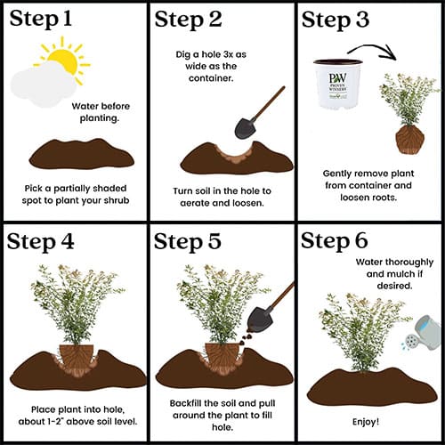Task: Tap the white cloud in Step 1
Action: pyautogui.click(x=43, y=85)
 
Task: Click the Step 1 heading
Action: pyautogui.click(x=41, y=19)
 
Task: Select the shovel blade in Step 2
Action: pyautogui.click(x=245, y=128)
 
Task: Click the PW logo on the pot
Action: pyautogui.click(x=337, y=78)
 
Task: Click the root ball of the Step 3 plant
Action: pyautogui.click(x=409, y=140)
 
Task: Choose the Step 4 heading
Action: pyautogui.click(x=40, y=241)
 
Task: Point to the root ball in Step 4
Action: pyautogui.click(x=77, y=360)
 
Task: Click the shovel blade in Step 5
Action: pyautogui.click(x=260, y=319)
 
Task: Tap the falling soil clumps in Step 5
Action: pyautogui.click(x=246, y=338)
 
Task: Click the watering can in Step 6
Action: pyautogui.click(x=421, y=333)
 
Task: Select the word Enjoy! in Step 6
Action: pyautogui.click(x=366, y=422)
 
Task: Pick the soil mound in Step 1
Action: pyautogui.click(x=82, y=154)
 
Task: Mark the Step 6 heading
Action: pyautogui.click(x=335, y=240)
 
